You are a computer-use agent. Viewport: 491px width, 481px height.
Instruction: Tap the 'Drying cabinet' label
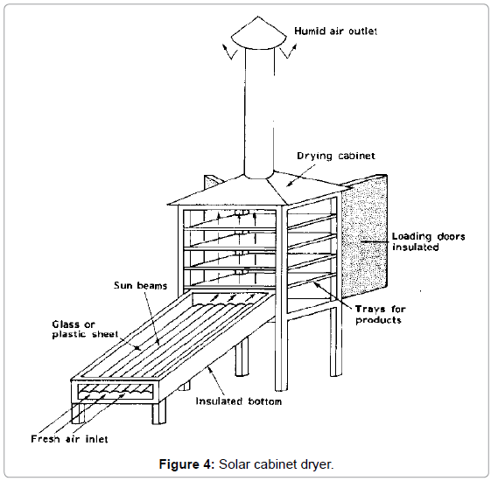[x=336, y=156]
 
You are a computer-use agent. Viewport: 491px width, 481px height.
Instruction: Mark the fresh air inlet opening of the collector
[x=115, y=391]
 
